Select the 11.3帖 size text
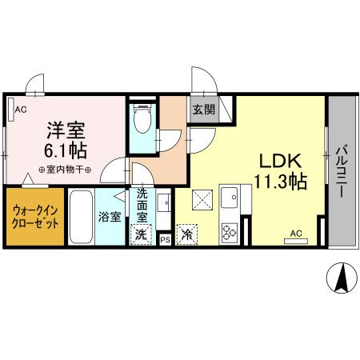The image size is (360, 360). click(x=277, y=182)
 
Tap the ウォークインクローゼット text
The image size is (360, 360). click(x=36, y=217)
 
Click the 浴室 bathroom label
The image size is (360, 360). click(x=109, y=217)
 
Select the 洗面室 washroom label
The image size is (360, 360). click(x=142, y=204)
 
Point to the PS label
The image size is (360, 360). click(x=165, y=238)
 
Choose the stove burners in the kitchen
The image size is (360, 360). click(x=230, y=231)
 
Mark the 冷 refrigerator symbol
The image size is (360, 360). click(x=187, y=234)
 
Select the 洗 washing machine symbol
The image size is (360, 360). click(x=141, y=235)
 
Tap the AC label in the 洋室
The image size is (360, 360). click(x=21, y=110)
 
